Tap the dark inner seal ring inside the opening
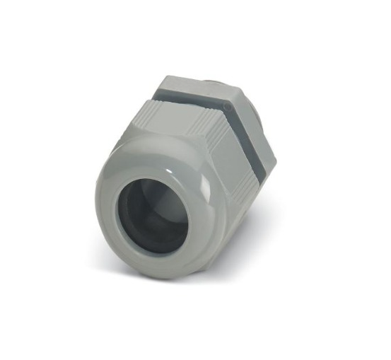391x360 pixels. (126, 212)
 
